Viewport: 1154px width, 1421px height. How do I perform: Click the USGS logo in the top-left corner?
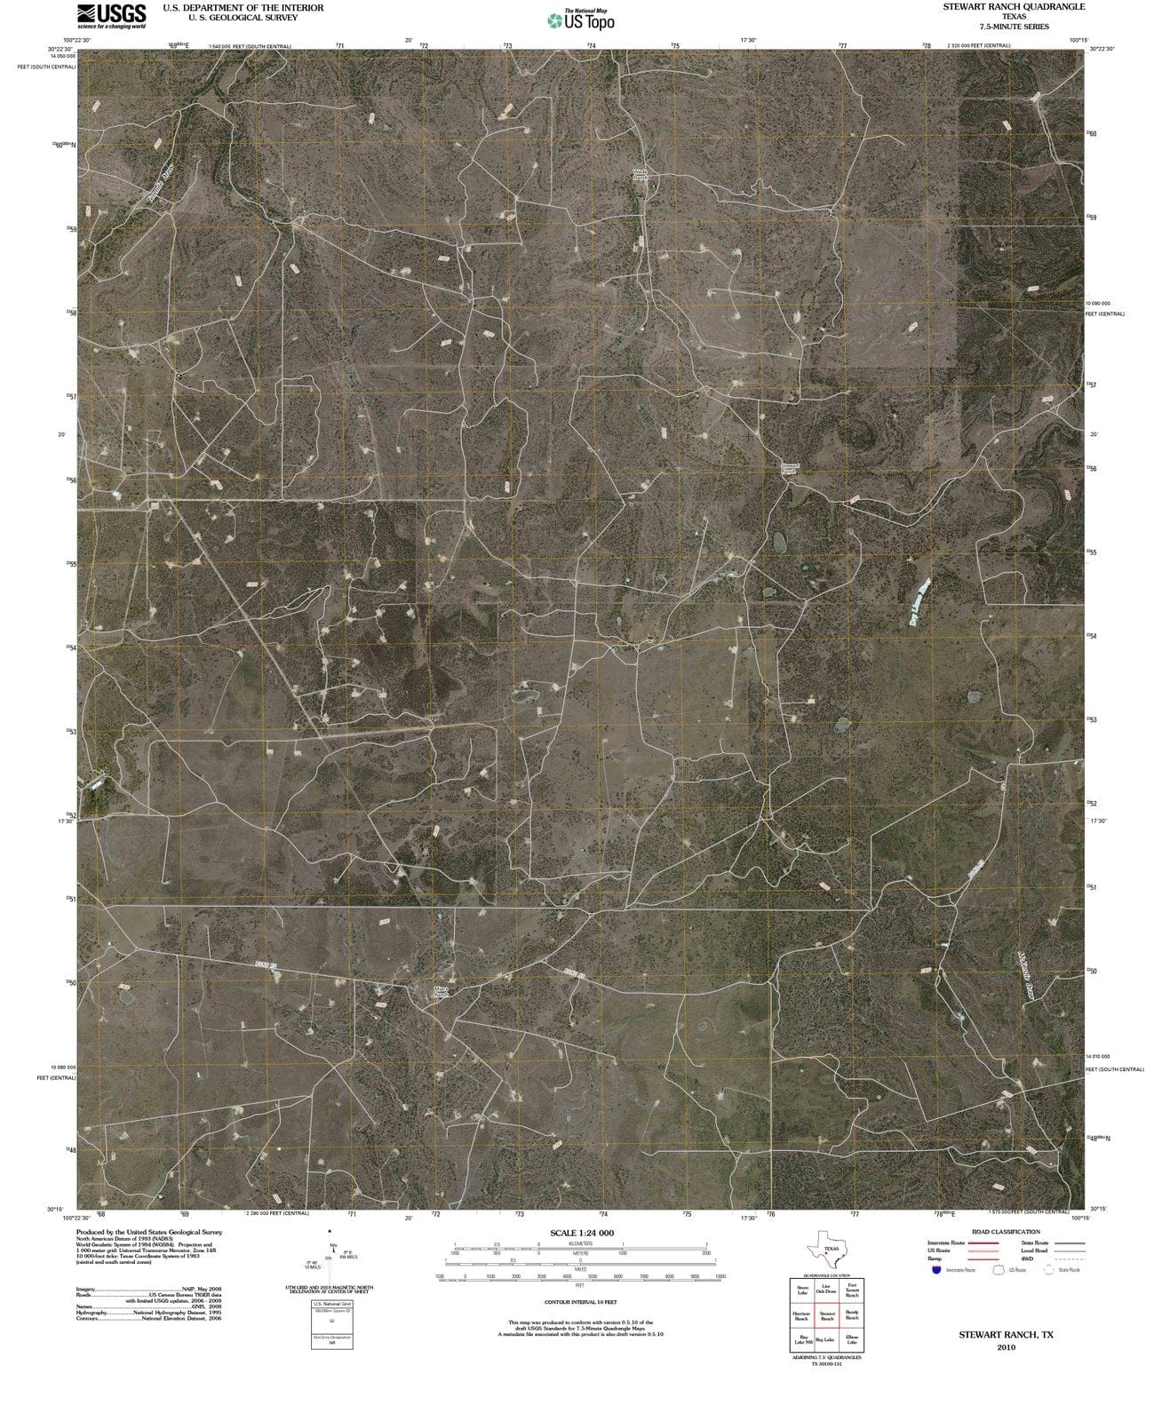[111, 15]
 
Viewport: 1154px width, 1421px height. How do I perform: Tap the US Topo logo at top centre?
[581, 20]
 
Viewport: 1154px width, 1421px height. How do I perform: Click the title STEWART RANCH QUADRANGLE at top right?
[1014, 6]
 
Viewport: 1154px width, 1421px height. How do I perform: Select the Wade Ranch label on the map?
[641, 174]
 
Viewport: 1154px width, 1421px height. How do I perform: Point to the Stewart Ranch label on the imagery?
[790, 467]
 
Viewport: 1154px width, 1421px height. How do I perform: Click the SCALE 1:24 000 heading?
[582, 1233]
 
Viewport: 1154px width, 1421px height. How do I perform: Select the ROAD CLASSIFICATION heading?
[1006, 1232]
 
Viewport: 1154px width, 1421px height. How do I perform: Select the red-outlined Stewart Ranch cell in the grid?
[827, 1316]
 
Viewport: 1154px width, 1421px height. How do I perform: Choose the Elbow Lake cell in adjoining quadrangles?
[852, 1340]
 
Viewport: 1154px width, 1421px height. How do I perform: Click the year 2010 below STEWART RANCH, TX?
[1006, 1347]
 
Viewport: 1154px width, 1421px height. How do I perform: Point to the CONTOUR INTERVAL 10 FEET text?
[581, 1301]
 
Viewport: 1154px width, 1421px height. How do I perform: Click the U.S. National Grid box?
[331, 1323]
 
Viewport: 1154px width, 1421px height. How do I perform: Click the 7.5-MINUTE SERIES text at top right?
[1014, 27]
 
